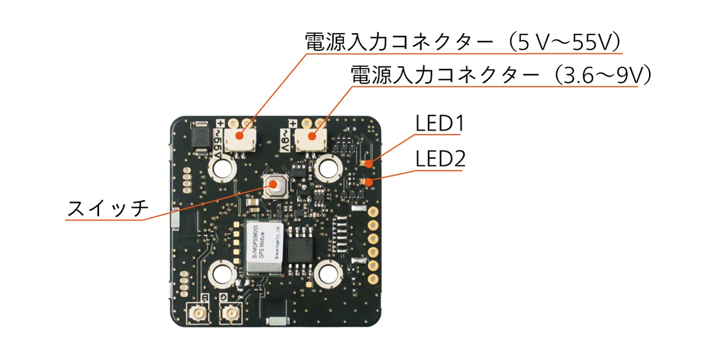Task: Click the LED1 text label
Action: point(439,124)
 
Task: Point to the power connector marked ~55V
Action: point(239,138)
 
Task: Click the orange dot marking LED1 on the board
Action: point(368,164)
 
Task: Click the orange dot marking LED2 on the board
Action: point(368,182)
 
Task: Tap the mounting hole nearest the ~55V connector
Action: point(223,168)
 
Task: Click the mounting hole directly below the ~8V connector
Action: point(328,168)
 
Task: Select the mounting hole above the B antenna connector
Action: point(223,274)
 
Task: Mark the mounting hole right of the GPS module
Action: point(328,274)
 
